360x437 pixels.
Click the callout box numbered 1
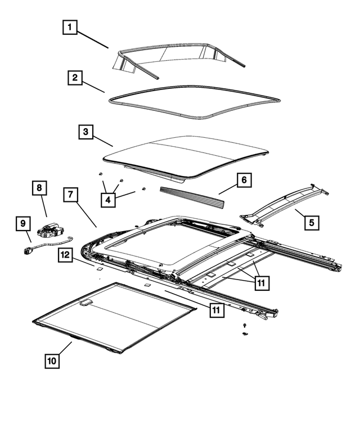tap(70, 27)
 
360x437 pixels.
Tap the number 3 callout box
tap(85, 133)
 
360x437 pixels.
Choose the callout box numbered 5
tap(311, 222)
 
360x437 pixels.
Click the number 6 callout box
tap(244, 181)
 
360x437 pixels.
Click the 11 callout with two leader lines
tap(260, 283)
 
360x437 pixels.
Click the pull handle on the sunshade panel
tap(87, 303)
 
